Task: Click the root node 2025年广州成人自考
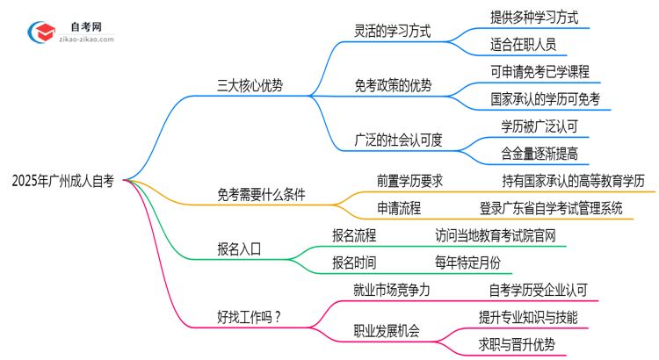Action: click(62, 183)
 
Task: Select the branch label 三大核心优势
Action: click(250, 87)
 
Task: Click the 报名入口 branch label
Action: click(239, 248)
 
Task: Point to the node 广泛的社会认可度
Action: click(398, 139)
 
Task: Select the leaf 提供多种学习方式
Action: click(534, 16)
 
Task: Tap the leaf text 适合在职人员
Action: click(523, 43)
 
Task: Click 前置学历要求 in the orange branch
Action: click(409, 181)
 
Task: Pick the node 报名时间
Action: click(356, 263)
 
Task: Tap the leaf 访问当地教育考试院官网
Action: click(495, 235)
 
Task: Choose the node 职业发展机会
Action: click(387, 331)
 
